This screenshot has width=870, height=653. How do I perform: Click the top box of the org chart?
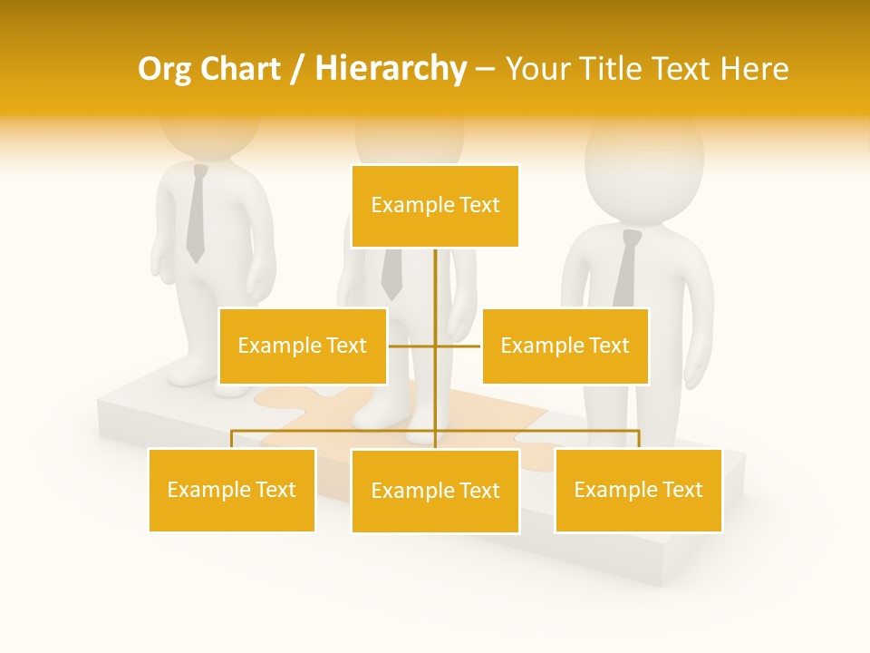(435, 206)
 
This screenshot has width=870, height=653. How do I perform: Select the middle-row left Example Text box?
(303, 346)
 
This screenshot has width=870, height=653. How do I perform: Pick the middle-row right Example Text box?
(565, 346)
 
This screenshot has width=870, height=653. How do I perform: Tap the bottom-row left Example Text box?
(232, 490)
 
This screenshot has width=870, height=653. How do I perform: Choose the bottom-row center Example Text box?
(435, 491)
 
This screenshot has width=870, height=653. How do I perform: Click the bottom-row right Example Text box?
(638, 490)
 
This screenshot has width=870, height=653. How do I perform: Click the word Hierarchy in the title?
(391, 69)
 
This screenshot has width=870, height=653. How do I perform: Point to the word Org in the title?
(163, 69)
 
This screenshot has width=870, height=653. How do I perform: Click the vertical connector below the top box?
(435, 281)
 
